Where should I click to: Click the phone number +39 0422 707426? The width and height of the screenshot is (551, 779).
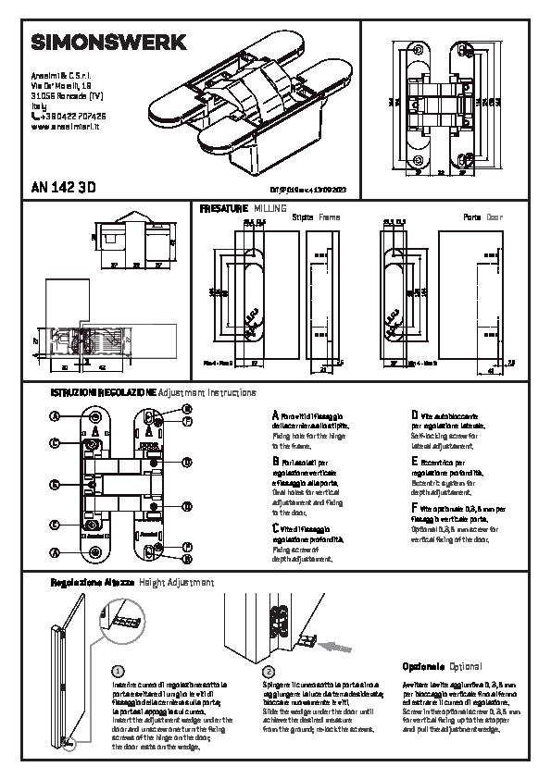point(69,117)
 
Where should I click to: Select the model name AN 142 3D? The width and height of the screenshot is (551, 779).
point(64,186)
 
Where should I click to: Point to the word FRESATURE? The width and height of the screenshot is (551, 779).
point(223,209)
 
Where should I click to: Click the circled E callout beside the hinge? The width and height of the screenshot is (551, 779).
point(54,525)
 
